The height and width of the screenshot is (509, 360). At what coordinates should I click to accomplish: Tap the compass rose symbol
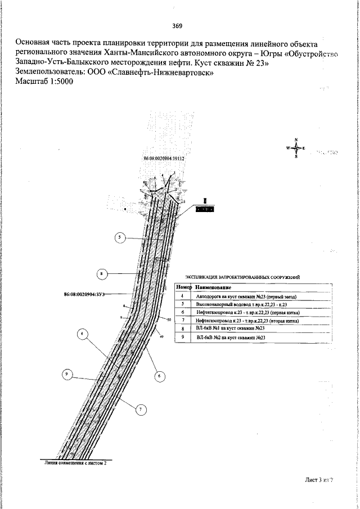pos(296,148)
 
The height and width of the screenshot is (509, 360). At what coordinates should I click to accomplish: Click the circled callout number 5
pos(120,237)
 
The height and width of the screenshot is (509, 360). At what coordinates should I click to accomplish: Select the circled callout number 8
pos(101,274)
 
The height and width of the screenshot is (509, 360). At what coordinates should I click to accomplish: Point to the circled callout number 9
pos(67,375)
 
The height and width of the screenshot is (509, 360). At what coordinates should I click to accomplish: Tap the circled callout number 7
pos(139,409)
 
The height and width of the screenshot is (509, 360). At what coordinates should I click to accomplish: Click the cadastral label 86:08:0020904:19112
pos(164,159)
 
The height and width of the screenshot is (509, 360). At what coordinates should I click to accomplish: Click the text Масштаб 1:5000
pos(44,82)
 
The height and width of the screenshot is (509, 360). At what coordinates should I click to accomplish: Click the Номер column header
pos(183,287)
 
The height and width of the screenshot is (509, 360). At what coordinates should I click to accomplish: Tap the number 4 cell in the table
pos(183,295)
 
